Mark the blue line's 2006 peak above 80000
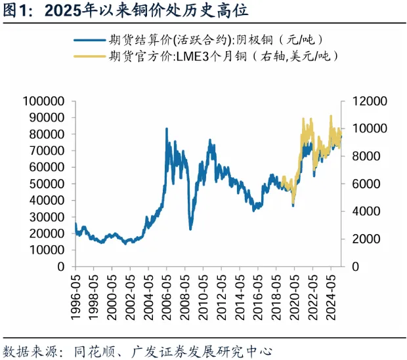pos(166,129)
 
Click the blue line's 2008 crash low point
pos(190,229)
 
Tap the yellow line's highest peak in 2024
pos(330,116)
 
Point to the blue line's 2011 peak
pos(210,140)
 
